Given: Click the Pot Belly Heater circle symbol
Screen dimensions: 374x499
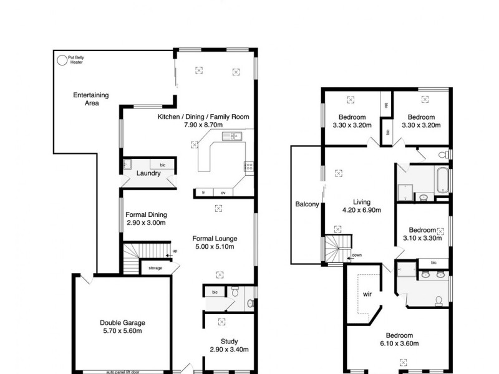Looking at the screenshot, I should click(x=61, y=60).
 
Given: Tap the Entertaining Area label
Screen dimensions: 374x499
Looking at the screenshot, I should click(x=91, y=99).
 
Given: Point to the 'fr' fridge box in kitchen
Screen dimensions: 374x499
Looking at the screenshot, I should click(x=203, y=193).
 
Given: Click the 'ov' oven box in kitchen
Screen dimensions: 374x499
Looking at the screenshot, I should click(x=223, y=193).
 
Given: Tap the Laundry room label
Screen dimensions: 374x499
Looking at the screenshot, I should click(x=148, y=173).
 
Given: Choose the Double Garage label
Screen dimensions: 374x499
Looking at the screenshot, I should click(x=122, y=322).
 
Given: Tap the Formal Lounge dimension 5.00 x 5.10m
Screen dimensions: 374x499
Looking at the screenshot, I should click(x=214, y=247).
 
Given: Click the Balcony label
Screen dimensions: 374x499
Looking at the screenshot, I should click(x=307, y=204).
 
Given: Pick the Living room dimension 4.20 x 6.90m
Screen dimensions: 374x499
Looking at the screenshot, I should click(x=362, y=210).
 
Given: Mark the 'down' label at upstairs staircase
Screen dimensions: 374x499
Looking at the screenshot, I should click(x=356, y=255).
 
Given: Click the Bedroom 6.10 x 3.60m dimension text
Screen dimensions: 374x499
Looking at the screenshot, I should click(x=397, y=343).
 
